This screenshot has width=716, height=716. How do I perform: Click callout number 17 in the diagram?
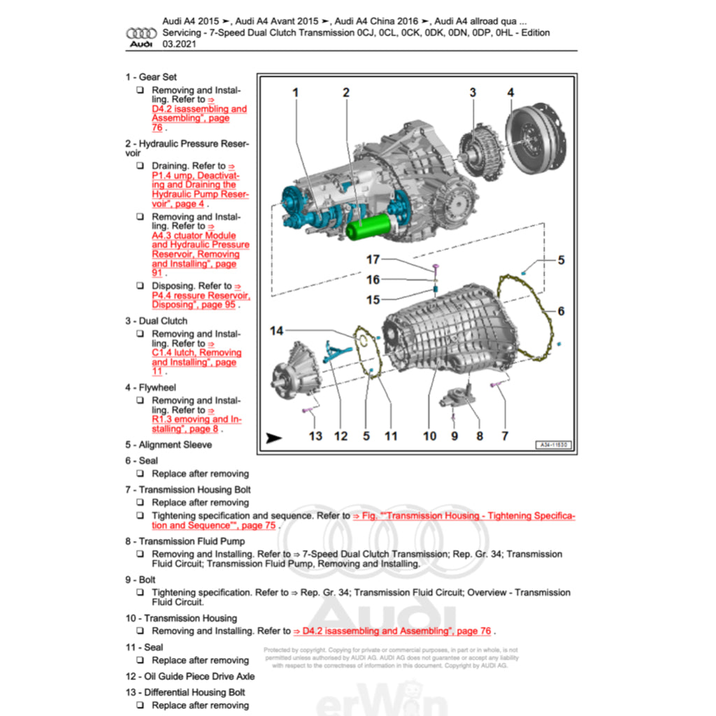click(373, 259)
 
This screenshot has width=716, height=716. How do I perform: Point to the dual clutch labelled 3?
click(481, 150)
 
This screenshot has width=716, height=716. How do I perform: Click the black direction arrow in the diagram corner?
click(274, 438)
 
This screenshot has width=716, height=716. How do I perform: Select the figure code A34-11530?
click(554, 445)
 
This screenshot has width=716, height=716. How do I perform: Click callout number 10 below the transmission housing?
click(429, 436)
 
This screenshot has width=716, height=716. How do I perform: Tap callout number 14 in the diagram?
click(278, 330)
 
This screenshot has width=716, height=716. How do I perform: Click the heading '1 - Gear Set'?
click(151, 77)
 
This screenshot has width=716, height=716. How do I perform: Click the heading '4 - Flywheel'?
click(150, 387)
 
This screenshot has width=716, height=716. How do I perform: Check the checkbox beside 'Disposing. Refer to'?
click(141, 286)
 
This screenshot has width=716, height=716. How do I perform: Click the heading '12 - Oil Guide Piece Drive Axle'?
click(189, 676)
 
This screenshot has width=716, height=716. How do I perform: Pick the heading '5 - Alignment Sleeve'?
click(169, 445)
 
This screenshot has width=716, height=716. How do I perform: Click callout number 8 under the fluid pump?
click(480, 436)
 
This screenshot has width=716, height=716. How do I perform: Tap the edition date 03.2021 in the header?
click(179, 43)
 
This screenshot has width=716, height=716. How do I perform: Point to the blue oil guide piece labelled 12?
click(335, 350)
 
